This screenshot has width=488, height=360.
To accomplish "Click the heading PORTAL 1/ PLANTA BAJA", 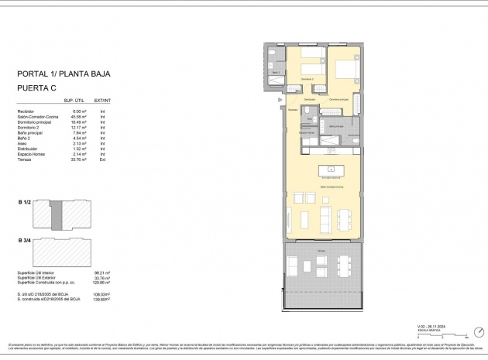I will [64, 75].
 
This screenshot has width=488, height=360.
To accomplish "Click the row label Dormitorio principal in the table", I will [34, 122].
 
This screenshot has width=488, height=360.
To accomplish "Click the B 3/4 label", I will [24, 241].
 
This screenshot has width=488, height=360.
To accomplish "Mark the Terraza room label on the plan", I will [320, 250].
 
